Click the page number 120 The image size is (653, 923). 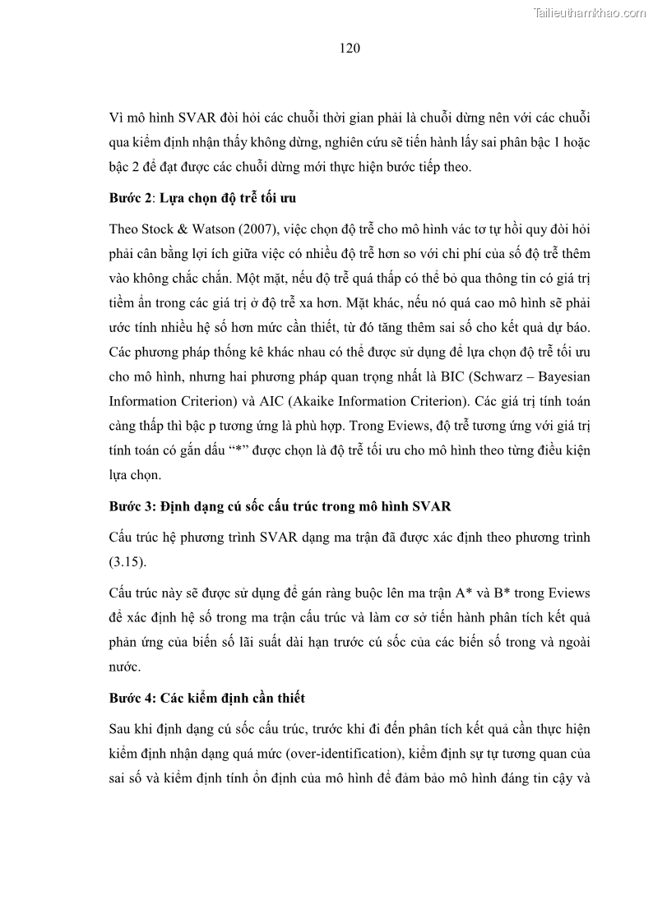(350, 48)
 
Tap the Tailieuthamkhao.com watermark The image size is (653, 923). (590, 12)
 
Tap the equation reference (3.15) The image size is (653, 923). (126, 563)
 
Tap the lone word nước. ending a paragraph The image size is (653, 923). (124, 668)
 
